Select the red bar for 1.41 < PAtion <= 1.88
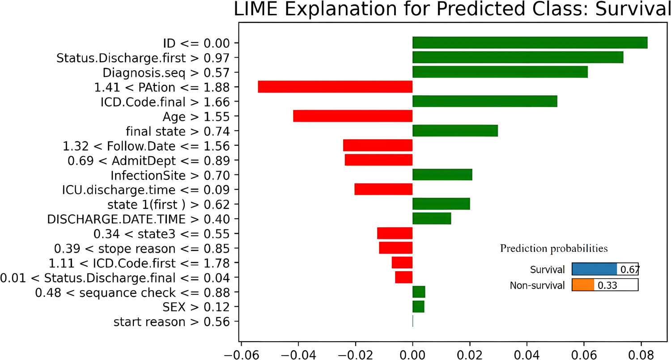[x=335, y=87]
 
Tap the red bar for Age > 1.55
[x=352, y=116]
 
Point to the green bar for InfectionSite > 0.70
[x=442, y=175]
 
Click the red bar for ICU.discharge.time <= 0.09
[x=383, y=190]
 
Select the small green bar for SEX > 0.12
[x=418, y=307]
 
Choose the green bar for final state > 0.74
[x=455, y=131]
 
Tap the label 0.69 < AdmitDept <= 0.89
[x=149, y=161]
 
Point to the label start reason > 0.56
[x=172, y=322]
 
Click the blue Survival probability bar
[x=594, y=269]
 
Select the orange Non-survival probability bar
[x=583, y=285]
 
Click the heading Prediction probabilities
[x=554, y=248]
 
